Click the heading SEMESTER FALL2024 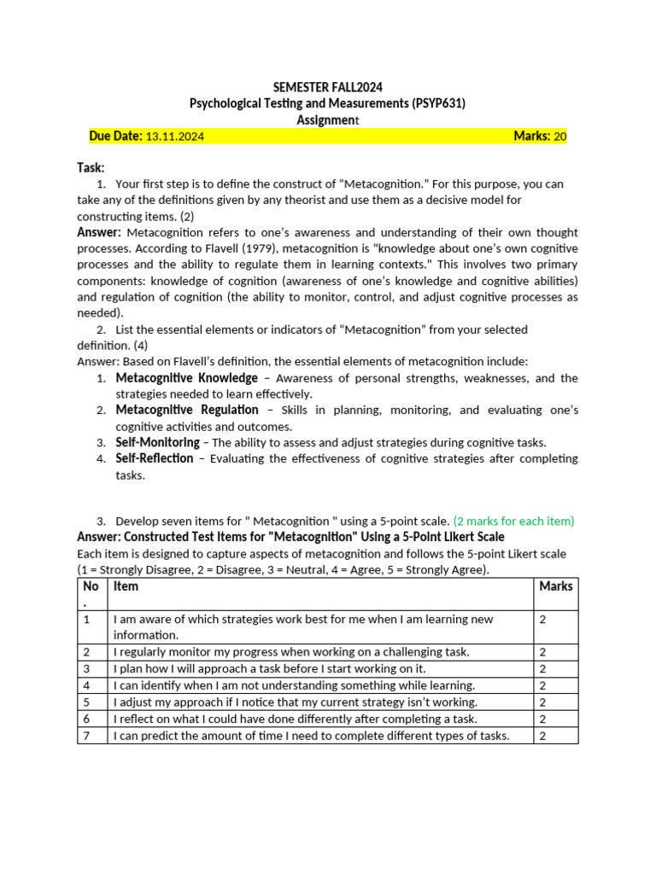[x=327, y=87]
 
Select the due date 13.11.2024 [x=175, y=136]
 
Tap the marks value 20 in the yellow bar [x=560, y=136]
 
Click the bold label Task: [x=91, y=168]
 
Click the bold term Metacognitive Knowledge [x=186, y=378]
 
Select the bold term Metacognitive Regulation [x=187, y=411]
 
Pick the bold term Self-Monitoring [x=157, y=442]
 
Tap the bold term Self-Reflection [x=155, y=458]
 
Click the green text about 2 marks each [x=513, y=521]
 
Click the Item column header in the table [x=126, y=586]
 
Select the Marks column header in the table [x=556, y=586]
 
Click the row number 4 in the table [x=87, y=685]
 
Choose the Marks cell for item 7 [x=543, y=736]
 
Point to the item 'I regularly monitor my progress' [x=291, y=651]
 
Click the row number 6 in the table [x=87, y=719]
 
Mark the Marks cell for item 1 [x=543, y=620]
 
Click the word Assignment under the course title [x=328, y=120]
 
